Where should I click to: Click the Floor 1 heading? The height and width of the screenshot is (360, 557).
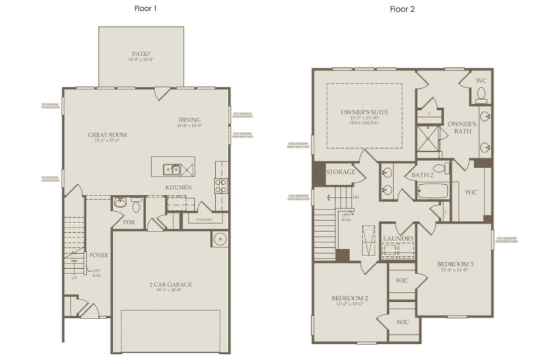pos(146,9)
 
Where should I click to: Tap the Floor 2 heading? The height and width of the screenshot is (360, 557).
pos(402,9)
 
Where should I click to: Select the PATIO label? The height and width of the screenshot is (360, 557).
pos(141,53)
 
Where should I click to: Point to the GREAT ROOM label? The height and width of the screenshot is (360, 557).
pos(107,135)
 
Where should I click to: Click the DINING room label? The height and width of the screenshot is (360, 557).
pos(189,119)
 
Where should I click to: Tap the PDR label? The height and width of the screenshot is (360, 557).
pos(128,222)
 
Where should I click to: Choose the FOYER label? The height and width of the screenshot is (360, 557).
pos(99,255)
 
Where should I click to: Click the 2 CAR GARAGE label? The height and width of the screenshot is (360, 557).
pos(171,284)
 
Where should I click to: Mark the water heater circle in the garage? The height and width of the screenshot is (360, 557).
pos(219,239)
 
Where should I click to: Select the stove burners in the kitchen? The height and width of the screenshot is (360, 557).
pos(220,184)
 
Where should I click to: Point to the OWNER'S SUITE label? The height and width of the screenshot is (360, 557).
pos(365,112)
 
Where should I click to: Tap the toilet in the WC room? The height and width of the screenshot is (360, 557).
pos(480,94)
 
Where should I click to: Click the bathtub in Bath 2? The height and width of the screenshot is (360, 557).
pos(433,192)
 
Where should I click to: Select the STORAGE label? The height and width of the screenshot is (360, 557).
pos(341,172)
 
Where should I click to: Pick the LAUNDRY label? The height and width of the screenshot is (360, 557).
pos(399,238)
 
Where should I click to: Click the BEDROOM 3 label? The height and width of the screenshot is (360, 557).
pos(455,265)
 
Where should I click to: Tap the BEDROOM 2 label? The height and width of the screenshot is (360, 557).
pos(350,298)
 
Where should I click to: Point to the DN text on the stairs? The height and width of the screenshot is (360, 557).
pos(356,197)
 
